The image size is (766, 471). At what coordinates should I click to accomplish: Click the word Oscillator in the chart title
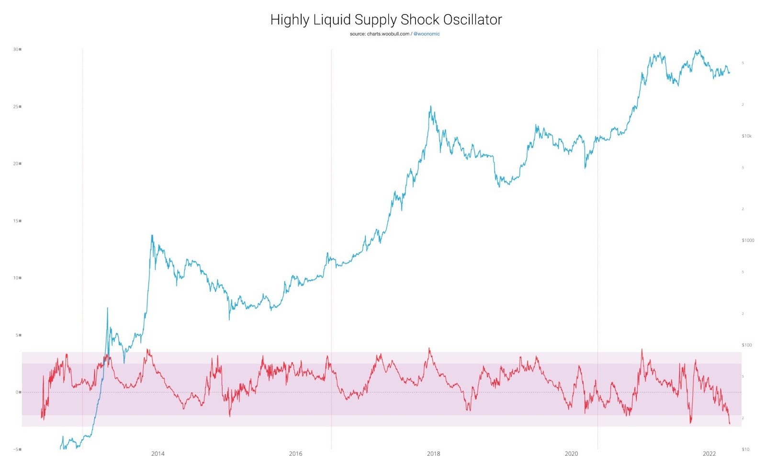point(472,20)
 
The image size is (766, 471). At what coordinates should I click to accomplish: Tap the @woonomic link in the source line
point(427,34)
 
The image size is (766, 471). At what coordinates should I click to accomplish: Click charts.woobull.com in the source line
point(388,34)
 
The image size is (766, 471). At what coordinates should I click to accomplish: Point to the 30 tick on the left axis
point(16,49)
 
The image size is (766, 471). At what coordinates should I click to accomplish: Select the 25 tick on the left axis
point(16,106)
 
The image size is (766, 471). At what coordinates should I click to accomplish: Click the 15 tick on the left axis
point(16,221)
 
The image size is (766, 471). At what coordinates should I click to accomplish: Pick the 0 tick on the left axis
point(17,392)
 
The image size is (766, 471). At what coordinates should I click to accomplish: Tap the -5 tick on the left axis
point(16,449)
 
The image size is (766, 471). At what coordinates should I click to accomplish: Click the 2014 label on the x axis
point(158,454)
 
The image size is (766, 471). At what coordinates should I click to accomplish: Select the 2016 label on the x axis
point(295,454)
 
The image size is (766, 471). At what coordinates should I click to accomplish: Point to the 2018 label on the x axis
point(433,454)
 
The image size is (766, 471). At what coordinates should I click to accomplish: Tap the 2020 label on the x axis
point(571,454)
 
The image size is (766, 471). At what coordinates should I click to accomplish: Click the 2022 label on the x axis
point(709,454)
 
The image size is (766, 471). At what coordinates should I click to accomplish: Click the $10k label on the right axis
point(746,136)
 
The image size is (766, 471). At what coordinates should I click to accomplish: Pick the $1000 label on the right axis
point(748,241)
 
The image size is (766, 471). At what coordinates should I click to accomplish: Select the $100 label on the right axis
point(746,345)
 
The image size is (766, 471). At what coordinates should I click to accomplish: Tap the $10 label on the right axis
point(745,449)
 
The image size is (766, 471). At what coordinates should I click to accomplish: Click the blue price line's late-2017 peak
point(430,106)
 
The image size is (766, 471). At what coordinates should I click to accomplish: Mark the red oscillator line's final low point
point(730,424)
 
